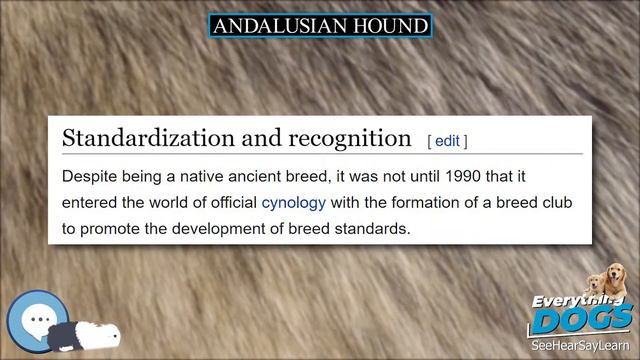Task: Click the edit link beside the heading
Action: (447, 141)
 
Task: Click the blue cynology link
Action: (294, 203)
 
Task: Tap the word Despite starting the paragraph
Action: (91, 177)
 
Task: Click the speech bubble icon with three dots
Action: (38, 320)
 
